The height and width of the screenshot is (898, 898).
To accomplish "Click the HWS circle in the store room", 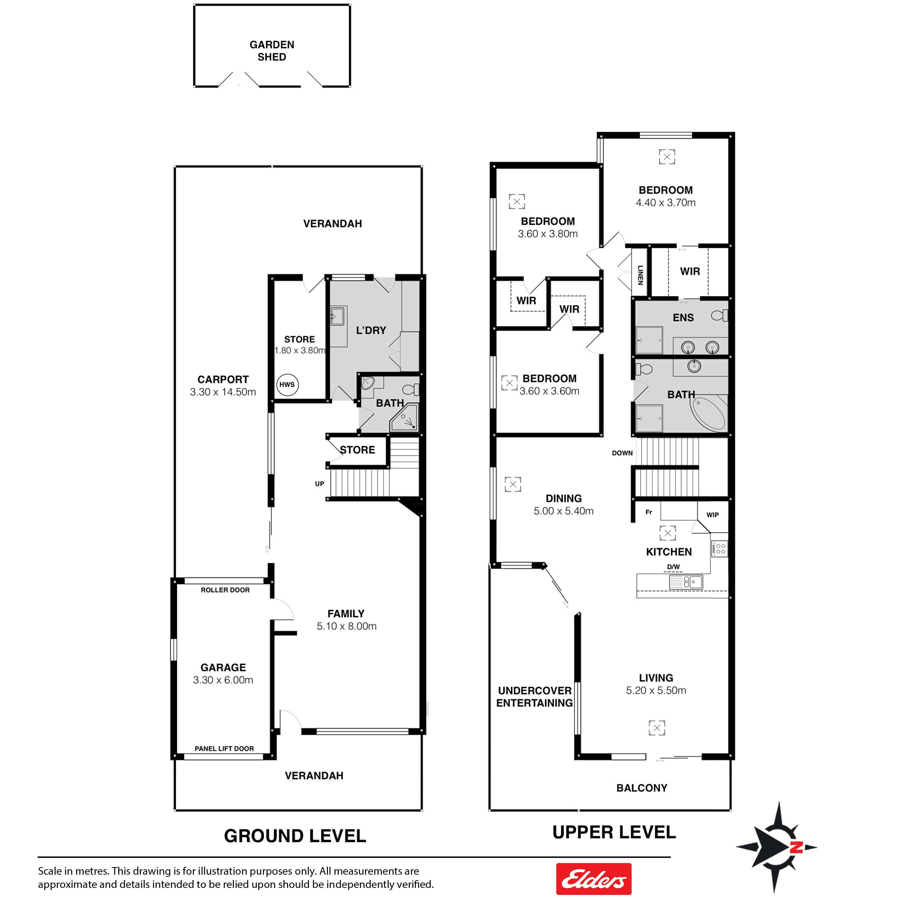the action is [287, 384].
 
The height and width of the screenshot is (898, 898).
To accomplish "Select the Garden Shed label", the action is [272, 51].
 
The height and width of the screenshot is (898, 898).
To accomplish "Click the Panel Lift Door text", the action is [224, 748].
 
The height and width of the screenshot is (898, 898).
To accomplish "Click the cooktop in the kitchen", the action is [720, 549].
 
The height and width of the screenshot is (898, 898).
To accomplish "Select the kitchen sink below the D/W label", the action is [686, 582].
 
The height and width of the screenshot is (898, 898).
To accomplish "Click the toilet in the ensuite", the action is [720, 316].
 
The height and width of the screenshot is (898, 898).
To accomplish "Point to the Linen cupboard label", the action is [640, 275].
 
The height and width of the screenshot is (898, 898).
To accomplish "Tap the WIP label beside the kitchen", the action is [713, 514].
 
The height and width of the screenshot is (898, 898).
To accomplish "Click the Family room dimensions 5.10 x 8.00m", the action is [347, 626].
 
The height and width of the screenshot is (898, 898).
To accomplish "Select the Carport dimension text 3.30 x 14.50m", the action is [223, 392].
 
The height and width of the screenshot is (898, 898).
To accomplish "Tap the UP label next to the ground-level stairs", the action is [320, 483].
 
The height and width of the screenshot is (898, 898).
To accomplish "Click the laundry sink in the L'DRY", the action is [338, 316].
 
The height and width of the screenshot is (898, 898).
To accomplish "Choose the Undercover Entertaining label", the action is [534, 697].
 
